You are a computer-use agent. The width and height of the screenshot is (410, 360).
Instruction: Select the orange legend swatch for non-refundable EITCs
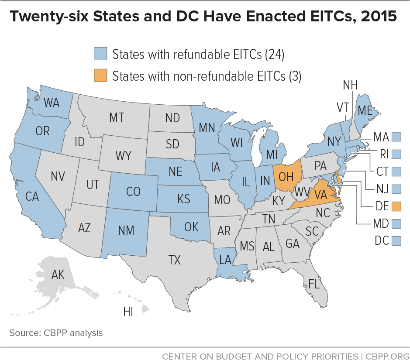coord(100,75)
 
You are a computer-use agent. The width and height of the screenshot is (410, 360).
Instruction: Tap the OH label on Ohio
coord(286,176)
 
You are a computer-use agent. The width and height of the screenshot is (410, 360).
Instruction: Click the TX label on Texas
coord(174,261)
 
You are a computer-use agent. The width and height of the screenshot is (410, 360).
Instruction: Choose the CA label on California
coord(32,196)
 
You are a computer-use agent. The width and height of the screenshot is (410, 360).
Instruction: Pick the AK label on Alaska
coord(58,274)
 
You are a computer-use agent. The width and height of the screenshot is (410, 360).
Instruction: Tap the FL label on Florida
coord(314,284)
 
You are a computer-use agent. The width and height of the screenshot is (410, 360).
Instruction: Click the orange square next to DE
coord(396,206)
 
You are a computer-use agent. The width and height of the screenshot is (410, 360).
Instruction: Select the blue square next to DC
coord(396,240)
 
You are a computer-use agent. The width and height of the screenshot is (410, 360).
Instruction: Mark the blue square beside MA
coord(396,137)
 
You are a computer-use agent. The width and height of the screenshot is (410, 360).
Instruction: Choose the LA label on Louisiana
coord(225,260)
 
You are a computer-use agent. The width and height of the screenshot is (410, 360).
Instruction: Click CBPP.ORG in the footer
coord(386,356)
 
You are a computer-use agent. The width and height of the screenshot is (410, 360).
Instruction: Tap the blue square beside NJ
coord(396,189)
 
